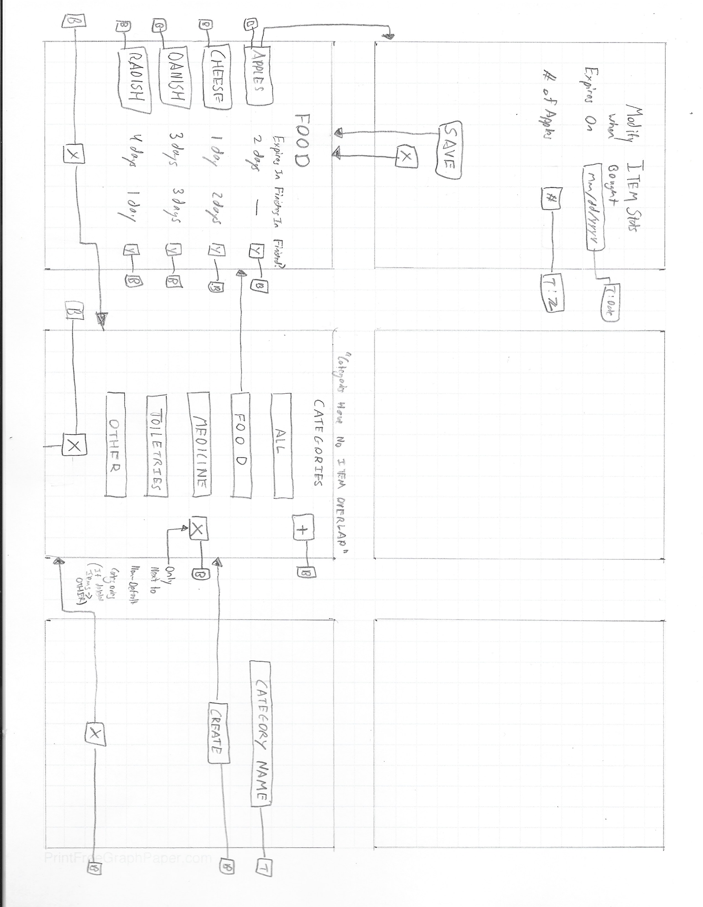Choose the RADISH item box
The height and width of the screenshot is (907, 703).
(x=134, y=82)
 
